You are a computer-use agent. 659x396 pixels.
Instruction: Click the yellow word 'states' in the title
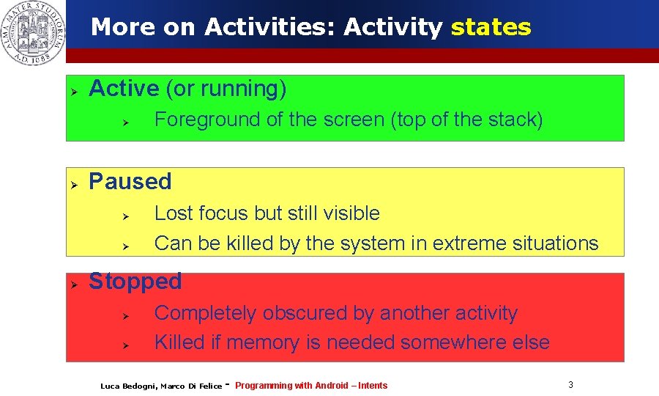(491, 27)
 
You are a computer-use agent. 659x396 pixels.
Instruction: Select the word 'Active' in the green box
(124, 89)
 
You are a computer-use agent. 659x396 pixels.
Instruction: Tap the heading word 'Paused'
(130, 181)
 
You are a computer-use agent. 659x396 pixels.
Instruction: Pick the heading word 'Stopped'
(135, 281)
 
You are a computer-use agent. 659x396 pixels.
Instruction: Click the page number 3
(570, 384)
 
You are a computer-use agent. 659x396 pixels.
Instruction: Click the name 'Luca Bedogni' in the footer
(128, 386)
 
